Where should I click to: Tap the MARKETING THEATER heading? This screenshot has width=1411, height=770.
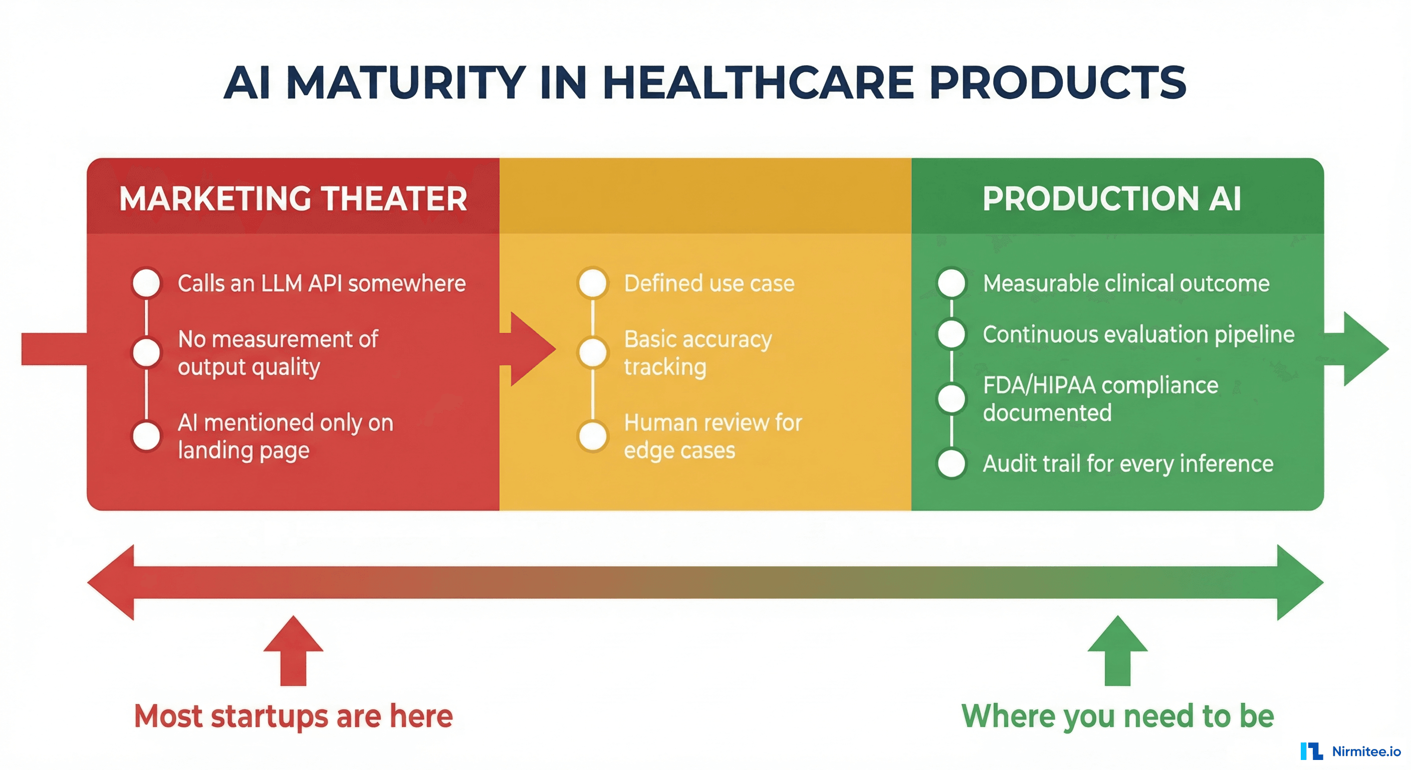[x=293, y=199]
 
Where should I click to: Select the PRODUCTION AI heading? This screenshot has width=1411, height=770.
[x=1111, y=199]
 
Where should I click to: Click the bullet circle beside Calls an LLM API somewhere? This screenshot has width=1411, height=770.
[x=146, y=283]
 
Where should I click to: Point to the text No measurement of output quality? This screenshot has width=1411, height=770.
[x=278, y=352]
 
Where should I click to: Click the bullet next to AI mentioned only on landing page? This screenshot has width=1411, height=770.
[x=146, y=436]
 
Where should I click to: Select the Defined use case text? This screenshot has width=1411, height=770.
[x=709, y=283]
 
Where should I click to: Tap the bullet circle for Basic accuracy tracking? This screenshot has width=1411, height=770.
[x=593, y=352]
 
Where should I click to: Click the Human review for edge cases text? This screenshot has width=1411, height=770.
[x=712, y=436]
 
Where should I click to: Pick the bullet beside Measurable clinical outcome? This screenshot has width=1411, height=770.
[x=952, y=283]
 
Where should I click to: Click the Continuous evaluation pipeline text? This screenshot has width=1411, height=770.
[x=1138, y=334]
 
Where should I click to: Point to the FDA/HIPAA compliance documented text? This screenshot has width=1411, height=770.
[x=1100, y=399]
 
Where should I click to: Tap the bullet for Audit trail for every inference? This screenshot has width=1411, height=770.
[x=952, y=464]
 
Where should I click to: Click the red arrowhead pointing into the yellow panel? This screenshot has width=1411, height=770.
[x=531, y=348]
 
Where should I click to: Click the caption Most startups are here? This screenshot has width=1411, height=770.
[x=293, y=716]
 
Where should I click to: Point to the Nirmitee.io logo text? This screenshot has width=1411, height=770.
[x=1365, y=751]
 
